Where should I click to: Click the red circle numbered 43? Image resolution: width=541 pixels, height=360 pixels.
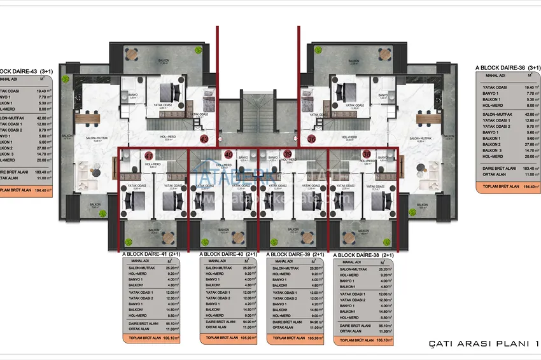pyautogui.click(x=204, y=137)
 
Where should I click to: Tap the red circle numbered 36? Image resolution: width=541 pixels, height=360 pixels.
pyautogui.click(x=311, y=137)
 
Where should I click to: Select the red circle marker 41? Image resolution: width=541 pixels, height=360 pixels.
pyautogui.click(x=148, y=154)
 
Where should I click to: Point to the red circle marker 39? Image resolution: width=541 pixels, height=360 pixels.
pyautogui.click(x=287, y=154)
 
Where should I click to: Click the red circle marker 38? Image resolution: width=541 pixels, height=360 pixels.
pyautogui.click(x=367, y=154)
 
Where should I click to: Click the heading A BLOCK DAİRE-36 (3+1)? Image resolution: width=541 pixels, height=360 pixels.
pyautogui.click(x=507, y=67)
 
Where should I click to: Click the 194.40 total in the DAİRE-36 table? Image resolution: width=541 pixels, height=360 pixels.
pyautogui.click(x=526, y=188)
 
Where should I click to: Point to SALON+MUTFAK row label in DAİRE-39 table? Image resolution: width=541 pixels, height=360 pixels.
pyautogui.click(x=284, y=268)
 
